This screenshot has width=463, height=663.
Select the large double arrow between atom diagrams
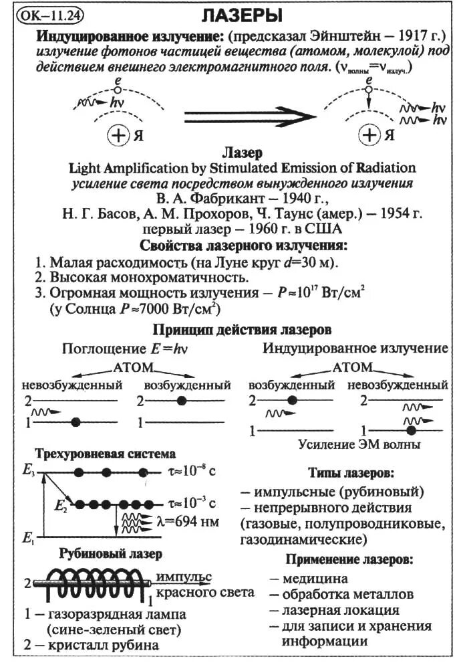tap(249, 115)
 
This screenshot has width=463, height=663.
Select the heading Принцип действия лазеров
tap(242, 330)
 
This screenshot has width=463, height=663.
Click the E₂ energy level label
tap(61, 504)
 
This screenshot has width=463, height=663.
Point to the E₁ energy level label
tap(28, 537)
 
